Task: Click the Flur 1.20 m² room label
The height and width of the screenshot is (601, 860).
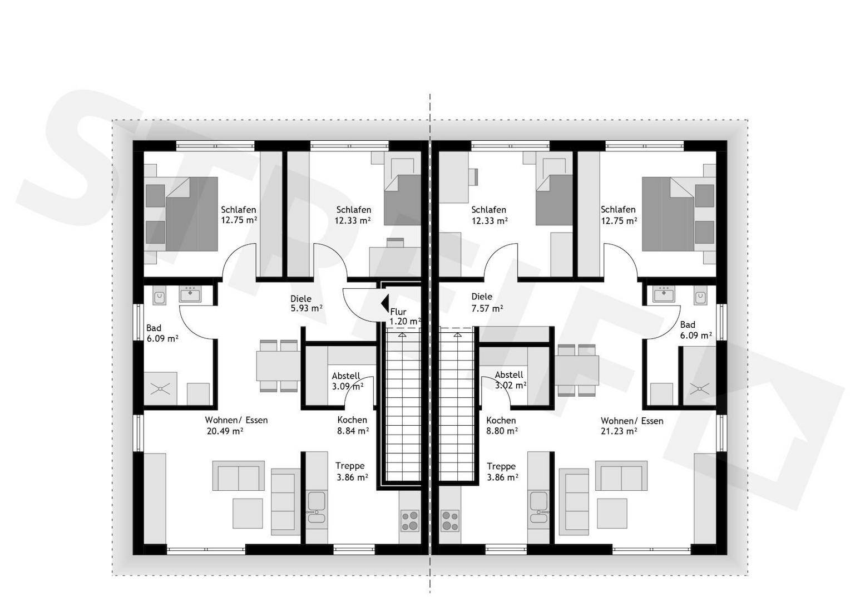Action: (406, 317)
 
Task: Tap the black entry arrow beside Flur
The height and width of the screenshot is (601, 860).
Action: (385, 303)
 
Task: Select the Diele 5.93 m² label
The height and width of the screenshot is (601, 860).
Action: (307, 303)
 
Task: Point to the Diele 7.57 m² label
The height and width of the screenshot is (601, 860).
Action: (487, 302)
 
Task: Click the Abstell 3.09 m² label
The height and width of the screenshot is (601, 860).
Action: (348, 381)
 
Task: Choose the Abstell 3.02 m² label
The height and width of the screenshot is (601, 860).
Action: (510, 380)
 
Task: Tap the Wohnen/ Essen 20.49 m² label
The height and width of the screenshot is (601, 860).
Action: (236, 426)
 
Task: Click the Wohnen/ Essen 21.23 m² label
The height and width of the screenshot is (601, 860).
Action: (632, 426)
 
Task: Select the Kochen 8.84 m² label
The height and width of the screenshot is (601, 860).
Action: (353, 426)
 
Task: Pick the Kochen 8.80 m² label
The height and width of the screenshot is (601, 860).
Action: (502, 426)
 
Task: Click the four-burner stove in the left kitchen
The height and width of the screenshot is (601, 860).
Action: (410, 521)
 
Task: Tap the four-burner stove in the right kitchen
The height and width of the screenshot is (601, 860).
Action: (450, 521)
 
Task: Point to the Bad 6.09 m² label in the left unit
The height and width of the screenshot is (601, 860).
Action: (162, 333)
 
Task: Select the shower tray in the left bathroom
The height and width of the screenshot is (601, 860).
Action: (160, 388)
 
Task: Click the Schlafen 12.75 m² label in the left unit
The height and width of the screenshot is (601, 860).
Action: (239, 215)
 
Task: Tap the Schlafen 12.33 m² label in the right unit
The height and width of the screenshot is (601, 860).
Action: (490, 215)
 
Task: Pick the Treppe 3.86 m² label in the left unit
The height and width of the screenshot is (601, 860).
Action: (352, 471)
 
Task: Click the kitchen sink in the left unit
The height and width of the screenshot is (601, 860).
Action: (317, 508)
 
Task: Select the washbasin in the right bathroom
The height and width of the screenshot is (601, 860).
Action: (664, 294)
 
